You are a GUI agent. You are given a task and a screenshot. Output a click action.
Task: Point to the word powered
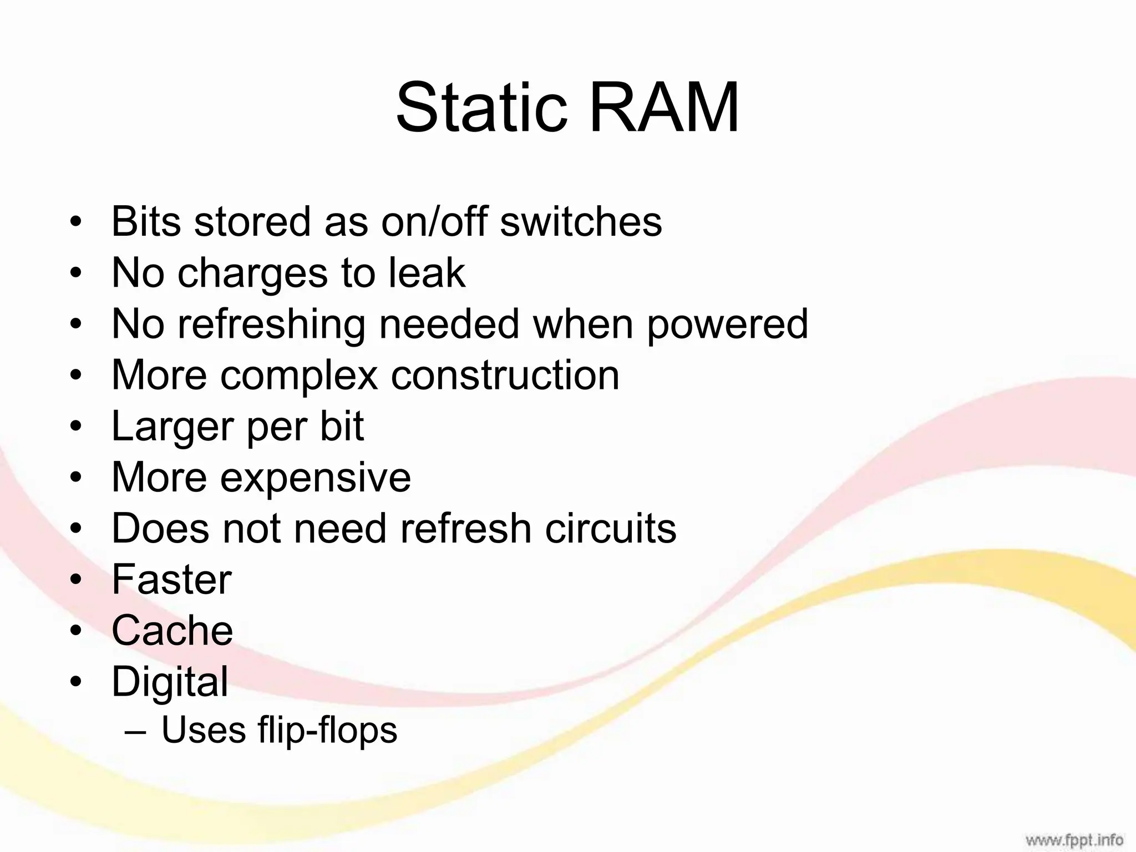click(x=727, y=324)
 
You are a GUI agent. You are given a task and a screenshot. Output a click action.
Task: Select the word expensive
click(x=316, y=478)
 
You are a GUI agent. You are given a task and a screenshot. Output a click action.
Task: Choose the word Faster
click(x=171, y=580)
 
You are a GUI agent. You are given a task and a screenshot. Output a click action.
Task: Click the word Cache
click(x=172, y=631)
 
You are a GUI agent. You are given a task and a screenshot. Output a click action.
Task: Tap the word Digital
click(x=170, y=682)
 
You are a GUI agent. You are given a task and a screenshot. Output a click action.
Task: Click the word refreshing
click(x=271, y=324)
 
